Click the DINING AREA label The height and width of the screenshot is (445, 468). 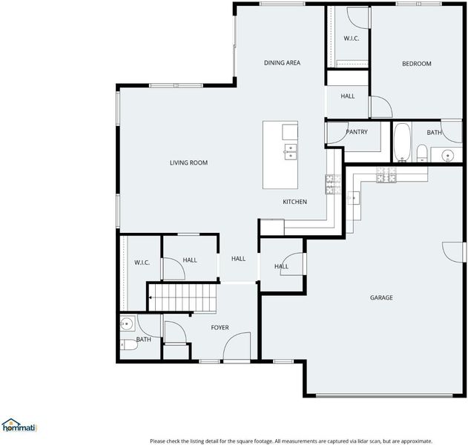point(282,63)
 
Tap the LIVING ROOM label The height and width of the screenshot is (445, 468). point(188,162)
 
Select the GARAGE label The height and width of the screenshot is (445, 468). point(381,297)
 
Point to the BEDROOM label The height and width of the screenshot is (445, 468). point(417,64)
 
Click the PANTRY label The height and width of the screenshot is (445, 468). point(357,132)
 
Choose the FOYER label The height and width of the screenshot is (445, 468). point(220,328)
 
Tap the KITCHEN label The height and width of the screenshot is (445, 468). point(295,202)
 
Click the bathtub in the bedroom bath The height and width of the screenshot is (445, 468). point(402,142)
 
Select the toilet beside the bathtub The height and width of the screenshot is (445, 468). point(422,153)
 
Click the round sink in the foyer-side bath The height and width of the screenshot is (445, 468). point(127,323)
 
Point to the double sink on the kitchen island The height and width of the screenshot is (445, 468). point(291,152)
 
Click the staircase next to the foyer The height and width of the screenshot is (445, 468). point(182,297)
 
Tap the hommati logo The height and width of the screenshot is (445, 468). point(19,426)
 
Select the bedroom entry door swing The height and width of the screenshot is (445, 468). point(380,107)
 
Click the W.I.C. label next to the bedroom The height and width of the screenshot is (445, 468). point(352,39)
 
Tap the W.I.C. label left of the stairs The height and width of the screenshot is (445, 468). point(142,263)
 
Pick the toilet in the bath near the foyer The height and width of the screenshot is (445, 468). point(128,345)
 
